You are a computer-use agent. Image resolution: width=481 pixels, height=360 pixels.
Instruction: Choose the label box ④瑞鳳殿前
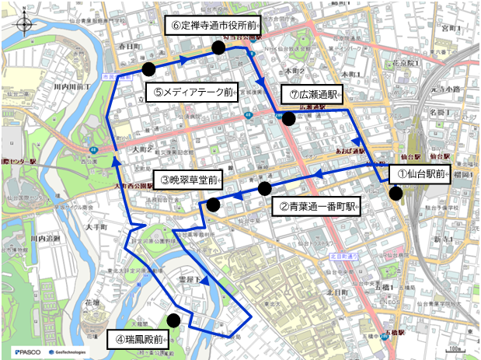click(x=137, y=339)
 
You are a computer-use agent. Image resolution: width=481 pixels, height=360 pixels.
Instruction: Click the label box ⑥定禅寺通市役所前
click(x=212, y=26)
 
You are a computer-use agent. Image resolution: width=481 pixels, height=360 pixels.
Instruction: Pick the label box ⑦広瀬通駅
click(x=311, y=94)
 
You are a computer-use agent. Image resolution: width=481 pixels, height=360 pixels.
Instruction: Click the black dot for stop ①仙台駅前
click(x=396, y=194)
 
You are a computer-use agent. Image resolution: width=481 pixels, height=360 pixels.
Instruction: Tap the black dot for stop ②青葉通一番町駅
click(x=265, y=189)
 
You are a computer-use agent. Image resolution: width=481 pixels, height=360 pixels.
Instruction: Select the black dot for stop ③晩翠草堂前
click(x=213, y=204)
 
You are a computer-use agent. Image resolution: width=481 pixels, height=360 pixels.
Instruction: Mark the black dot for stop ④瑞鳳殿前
click(x=173, y=320)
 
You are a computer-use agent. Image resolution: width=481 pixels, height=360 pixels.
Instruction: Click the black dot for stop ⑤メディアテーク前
click(x=148, y=69)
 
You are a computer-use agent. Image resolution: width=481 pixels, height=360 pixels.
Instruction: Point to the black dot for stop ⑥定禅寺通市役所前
click(x=218, y=48)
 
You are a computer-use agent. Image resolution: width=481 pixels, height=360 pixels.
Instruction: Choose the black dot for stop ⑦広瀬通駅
click(x=288, y=119)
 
